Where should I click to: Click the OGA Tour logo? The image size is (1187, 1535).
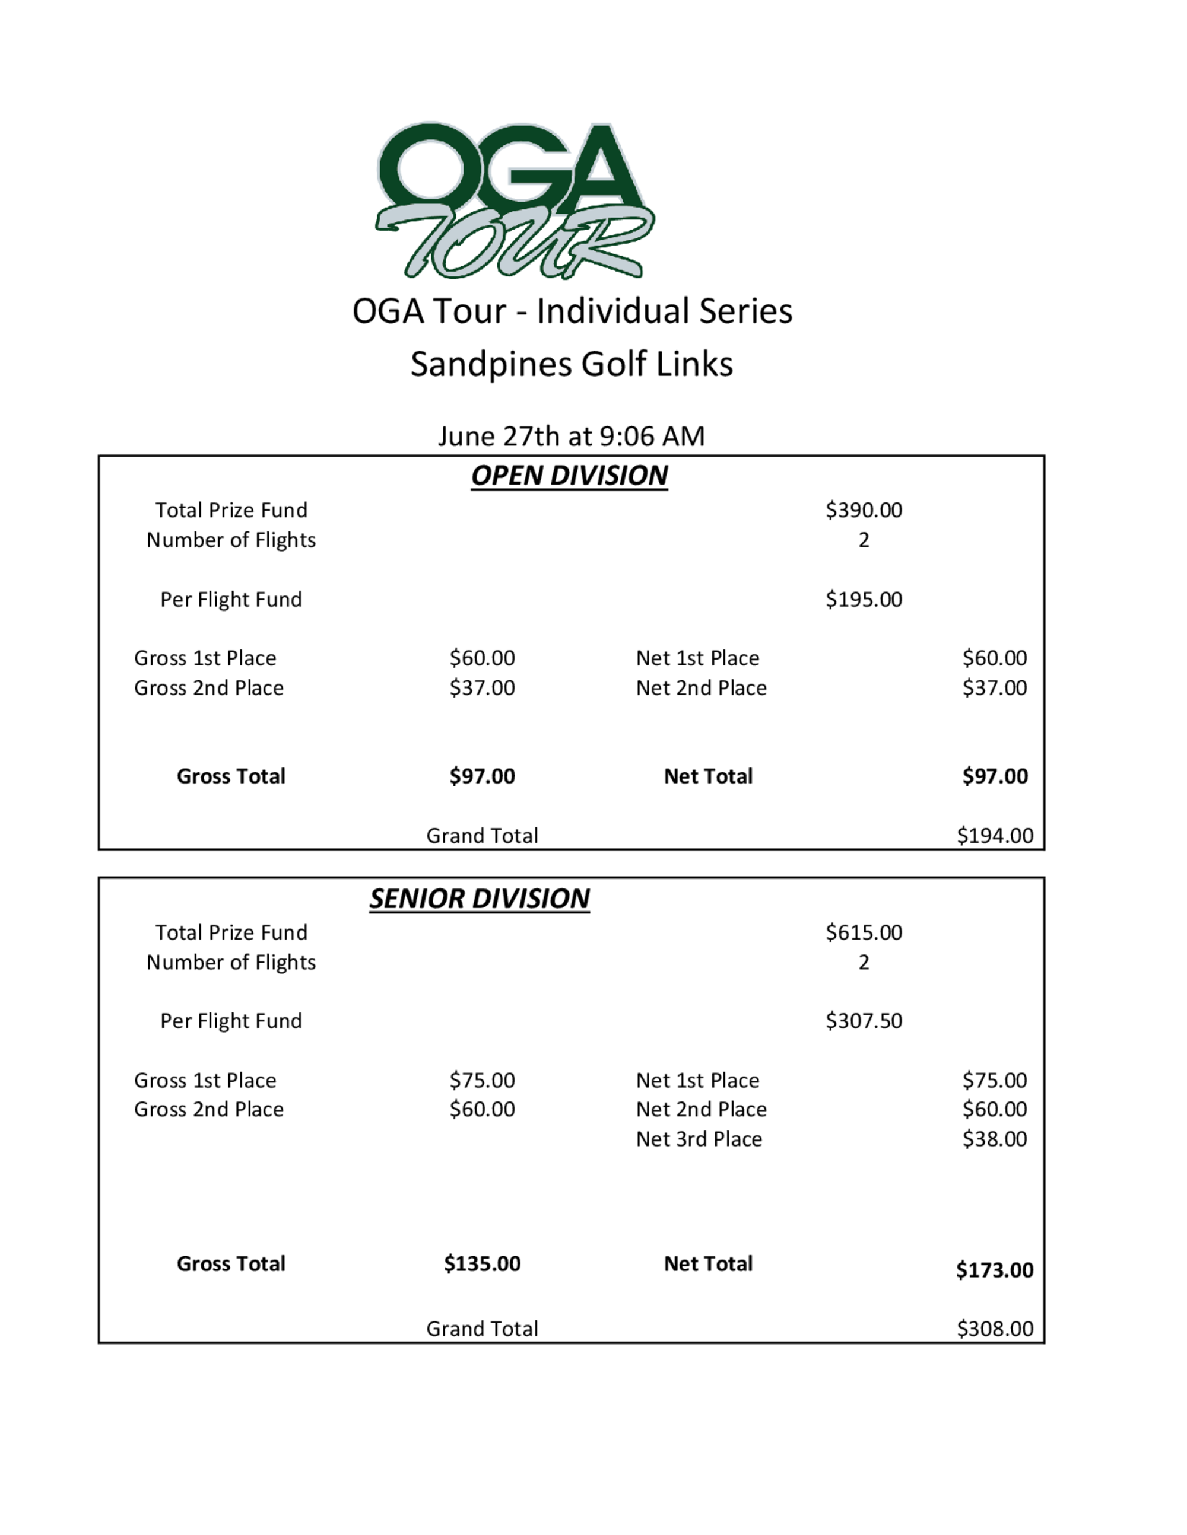pos(514,200)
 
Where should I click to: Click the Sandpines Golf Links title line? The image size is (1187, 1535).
pos(571,364)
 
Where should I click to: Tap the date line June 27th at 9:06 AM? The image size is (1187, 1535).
pos(571,437)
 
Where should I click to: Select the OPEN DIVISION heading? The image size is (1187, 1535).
pos(569,476)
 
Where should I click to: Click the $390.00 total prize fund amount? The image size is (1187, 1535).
pos(864,510)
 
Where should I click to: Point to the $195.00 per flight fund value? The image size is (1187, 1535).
pos(864,600)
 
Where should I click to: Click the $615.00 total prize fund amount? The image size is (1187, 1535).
pos(864,932)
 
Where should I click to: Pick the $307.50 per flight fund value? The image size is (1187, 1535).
pos(864,1021)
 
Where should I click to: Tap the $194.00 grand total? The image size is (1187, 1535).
pos(994,836)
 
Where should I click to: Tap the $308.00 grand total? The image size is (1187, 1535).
pos(994,1329)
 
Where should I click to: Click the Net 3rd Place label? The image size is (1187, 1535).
pos(699,1139)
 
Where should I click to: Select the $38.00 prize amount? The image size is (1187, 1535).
pos(994,1139)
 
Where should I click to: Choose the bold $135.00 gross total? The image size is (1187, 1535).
pos(483,1264)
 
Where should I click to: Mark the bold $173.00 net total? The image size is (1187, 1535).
pos(994,1270)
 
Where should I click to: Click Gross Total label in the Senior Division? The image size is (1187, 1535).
pos(231,1264)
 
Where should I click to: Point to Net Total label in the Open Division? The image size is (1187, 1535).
pos(708,776)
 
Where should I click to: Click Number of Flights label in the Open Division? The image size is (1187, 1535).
pos(231,540)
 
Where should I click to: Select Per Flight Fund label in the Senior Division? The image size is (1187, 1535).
pos(231,1021)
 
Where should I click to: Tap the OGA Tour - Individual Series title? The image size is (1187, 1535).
pos(572,311)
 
